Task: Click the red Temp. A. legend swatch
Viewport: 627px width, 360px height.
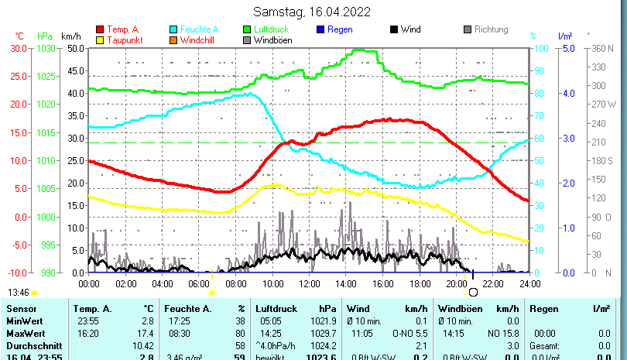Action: (100, 29)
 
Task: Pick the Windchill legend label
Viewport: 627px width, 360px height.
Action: (200, 39)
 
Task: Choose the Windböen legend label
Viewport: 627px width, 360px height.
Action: (273, 39)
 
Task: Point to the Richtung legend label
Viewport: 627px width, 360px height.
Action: (491, 29)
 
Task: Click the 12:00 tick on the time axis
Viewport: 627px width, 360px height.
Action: (310, 283)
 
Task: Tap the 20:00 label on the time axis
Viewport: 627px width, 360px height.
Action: (456, 283)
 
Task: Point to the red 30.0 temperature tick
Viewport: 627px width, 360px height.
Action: (19, 48)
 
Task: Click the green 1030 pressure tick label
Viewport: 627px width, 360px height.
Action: (46, 48)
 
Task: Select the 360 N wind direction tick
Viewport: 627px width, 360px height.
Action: (601, 48)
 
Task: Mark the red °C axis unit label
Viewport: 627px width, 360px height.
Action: (19, 36)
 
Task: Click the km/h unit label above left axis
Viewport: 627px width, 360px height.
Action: (70, 36)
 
